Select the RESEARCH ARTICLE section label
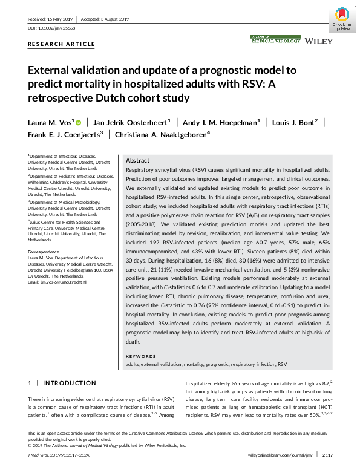click(x=61, y=44)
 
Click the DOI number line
click(x=53, y=28)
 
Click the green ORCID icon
click(x=78, y=122)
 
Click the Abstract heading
click(x=137, y=161)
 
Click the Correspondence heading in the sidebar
click(x=45, y=250)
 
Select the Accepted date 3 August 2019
click(x=111, y=18)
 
